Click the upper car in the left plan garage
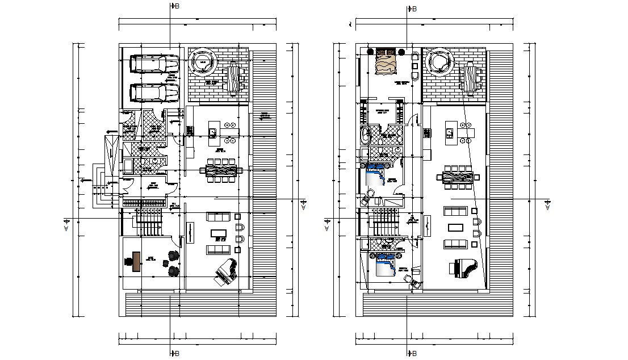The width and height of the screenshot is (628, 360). click(154, 63)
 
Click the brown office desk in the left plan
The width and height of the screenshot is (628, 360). click(136, 261)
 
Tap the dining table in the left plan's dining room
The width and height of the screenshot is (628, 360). click(220, 170)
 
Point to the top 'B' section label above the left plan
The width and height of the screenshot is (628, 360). click(177, 6)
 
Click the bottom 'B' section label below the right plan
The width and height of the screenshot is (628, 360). click(413, 353)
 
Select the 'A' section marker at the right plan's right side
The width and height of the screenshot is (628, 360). click(548, 205)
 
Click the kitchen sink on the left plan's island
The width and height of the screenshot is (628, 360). click(212, 133)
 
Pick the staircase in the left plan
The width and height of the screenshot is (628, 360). click(149, 221)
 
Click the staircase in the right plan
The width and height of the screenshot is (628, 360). click(385, 221)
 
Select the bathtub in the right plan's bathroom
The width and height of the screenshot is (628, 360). click(366, 136)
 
